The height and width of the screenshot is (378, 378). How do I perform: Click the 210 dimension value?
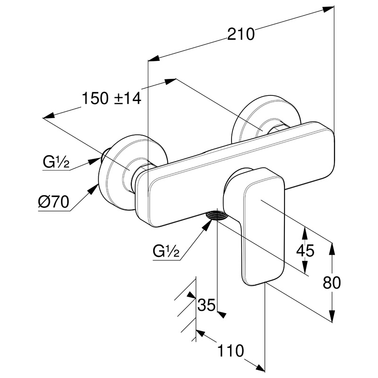tap(241, 34)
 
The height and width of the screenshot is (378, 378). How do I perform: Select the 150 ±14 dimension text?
tap(112, 99)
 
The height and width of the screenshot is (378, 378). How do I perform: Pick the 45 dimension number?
tap(305, 251)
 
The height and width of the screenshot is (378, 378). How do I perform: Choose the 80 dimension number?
tap(332, 283)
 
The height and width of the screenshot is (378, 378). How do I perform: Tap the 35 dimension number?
tap(206, 305)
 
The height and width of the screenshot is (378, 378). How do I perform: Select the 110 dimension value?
tap(230, 351)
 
